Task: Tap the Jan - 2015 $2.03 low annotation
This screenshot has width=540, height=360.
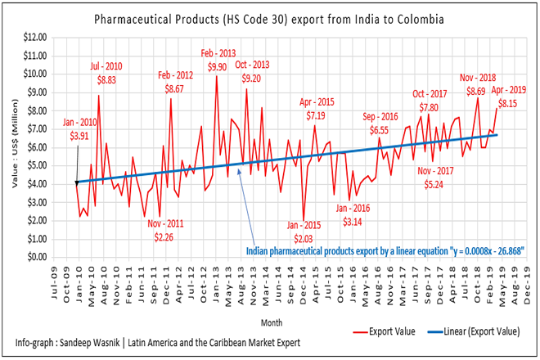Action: (x=304, y=232)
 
